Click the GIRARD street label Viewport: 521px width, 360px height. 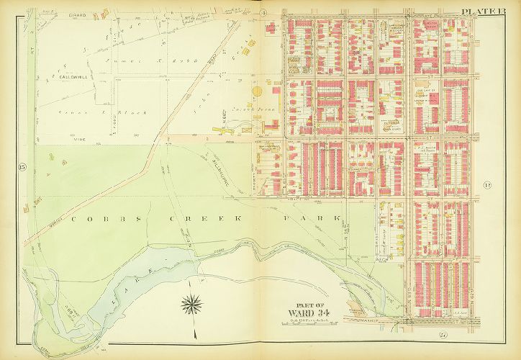pos(77,14)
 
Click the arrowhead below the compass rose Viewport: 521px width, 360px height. pos(194,334)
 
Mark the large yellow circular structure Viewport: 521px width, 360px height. pos(257,92)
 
